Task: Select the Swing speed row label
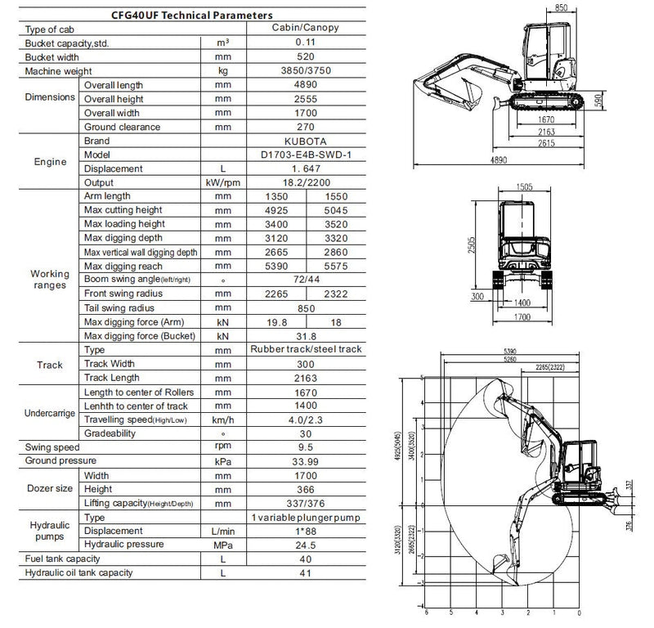click(52, 447)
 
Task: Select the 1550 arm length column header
click(335, 196)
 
